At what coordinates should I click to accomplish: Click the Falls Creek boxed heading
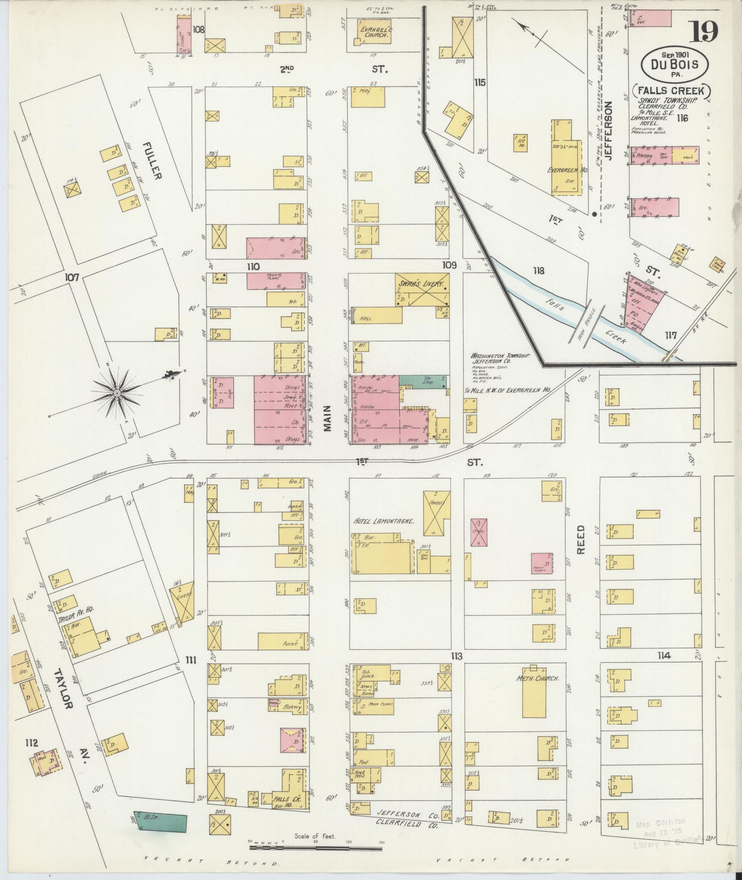(x=672, y=90)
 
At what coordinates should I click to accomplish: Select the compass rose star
(x=117, y=393)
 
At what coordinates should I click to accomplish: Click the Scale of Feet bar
(x=316, y=525)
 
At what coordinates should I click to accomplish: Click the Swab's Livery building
(x=421, y=290)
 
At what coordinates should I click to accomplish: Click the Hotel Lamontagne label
(x=384, y=522)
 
